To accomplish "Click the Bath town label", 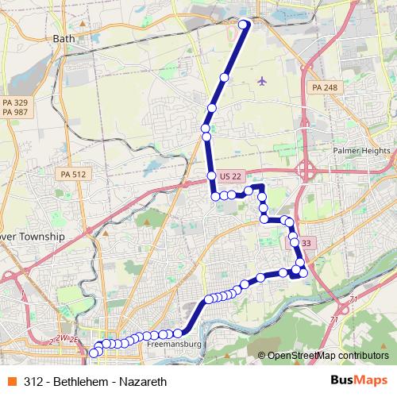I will (62, 37).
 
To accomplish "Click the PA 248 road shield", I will (324, 87).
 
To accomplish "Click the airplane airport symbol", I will (263, 80).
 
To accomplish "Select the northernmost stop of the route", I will (244, 24).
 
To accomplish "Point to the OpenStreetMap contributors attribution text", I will (328, 355).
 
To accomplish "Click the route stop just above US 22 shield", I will (212, 175).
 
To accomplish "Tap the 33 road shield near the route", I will (306, 243).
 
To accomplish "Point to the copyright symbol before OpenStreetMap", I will (262, 355).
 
